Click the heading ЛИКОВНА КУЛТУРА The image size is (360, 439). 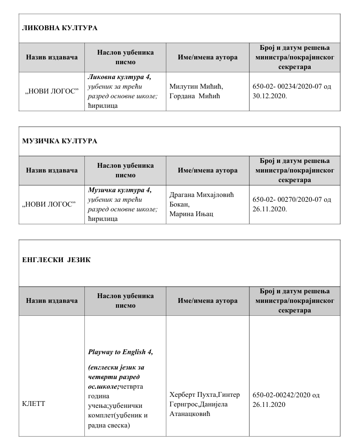59,28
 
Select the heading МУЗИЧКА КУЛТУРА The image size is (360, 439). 59,141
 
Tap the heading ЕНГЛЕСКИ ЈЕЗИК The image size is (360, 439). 57,260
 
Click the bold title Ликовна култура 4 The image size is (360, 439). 119,77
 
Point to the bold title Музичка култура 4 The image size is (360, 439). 119,190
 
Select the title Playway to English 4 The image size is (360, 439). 120,352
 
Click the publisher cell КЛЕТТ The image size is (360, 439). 34,404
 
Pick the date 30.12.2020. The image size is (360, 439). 269,95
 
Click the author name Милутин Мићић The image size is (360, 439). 197,86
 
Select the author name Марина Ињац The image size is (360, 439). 191,214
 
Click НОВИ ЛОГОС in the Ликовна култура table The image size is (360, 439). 51,91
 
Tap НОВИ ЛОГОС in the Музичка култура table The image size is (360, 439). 51,204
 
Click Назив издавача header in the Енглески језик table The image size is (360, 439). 52,301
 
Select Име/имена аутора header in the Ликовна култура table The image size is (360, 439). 208,58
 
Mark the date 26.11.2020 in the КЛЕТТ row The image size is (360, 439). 269,404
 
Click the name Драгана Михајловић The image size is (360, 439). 202,195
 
